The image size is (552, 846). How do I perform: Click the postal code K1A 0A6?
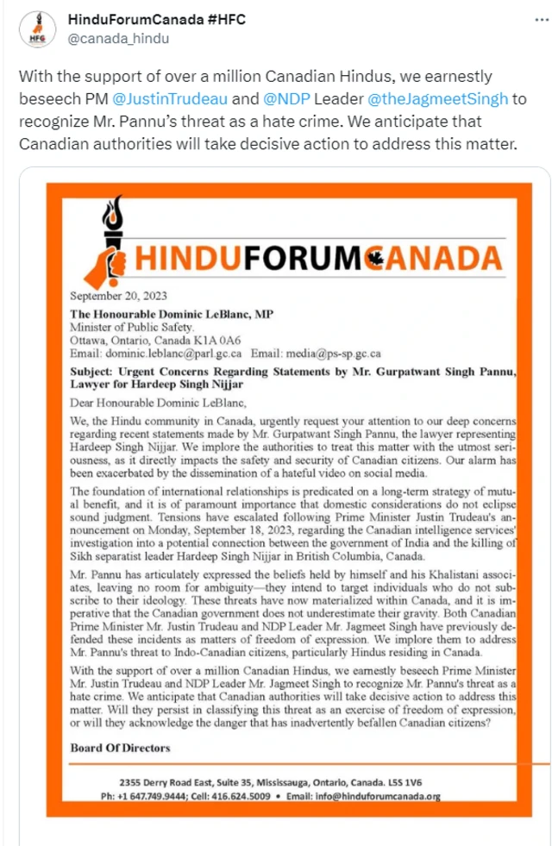[219, 341]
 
